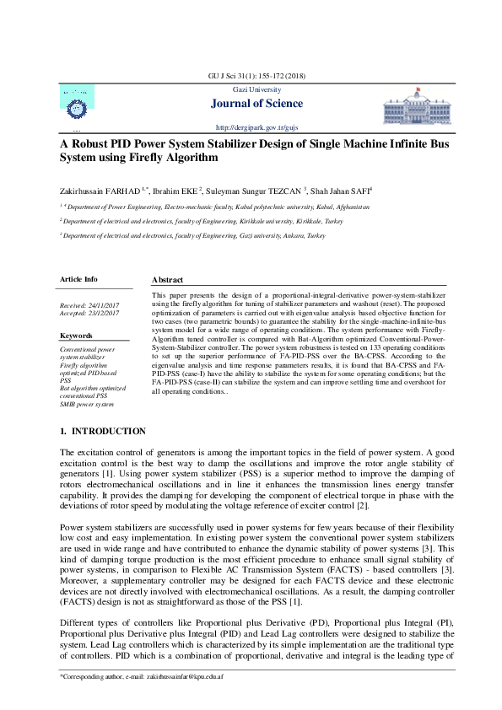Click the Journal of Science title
click(251, 104)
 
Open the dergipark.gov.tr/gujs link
click(251, 126)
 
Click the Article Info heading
click(78, 278)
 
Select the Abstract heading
click(167, 279)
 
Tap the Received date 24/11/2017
click(89, 304)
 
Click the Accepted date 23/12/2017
click(89, 313)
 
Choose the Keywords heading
click(76, 335)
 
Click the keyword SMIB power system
click(86, 405)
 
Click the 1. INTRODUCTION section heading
click(103, 432)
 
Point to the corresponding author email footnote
click(132, 677)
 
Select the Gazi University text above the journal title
click(251, 89)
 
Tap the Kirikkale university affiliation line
click(202, 221)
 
